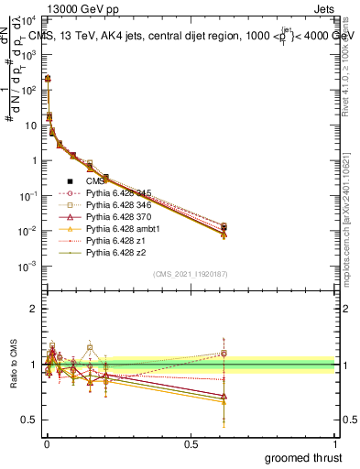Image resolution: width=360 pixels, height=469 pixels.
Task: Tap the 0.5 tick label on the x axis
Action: [191, 444]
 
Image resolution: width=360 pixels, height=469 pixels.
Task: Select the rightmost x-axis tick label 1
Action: [336, 444]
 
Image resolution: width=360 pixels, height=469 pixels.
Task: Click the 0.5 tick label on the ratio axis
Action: [31, 420]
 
